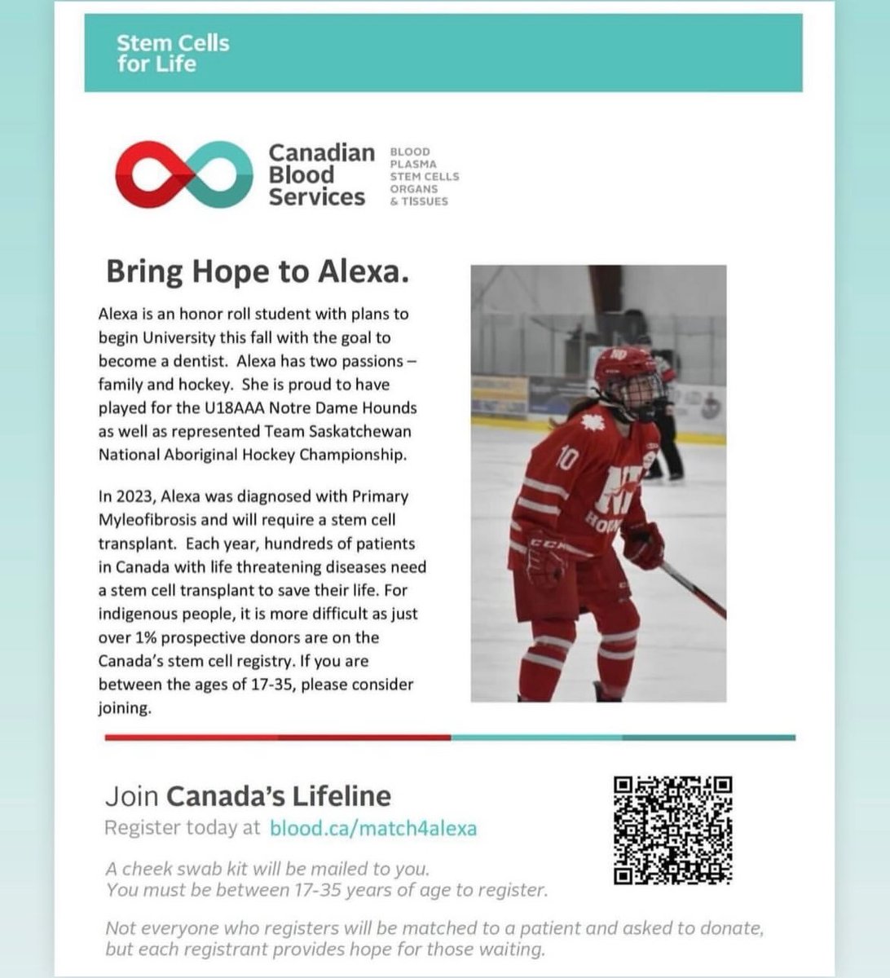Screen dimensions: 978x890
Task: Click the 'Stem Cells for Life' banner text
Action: point(172,53)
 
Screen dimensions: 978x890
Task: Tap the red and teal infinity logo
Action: point(183,174)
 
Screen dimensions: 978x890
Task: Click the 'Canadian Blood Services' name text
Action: point(320,174)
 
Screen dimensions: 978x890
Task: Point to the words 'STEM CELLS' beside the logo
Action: point(424,176)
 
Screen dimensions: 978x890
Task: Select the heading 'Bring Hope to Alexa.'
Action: point(257,272)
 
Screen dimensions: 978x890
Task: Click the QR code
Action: point(672,830)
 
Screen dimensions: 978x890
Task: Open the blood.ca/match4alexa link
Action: point(373,829)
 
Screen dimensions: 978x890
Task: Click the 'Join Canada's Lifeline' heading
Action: point(248,795)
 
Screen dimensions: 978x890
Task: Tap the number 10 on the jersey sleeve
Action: point(566,459)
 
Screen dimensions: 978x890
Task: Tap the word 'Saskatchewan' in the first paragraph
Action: point(359,431)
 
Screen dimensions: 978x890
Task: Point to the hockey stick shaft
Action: point(693,588)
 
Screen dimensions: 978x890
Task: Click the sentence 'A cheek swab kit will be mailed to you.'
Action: point(267,869)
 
